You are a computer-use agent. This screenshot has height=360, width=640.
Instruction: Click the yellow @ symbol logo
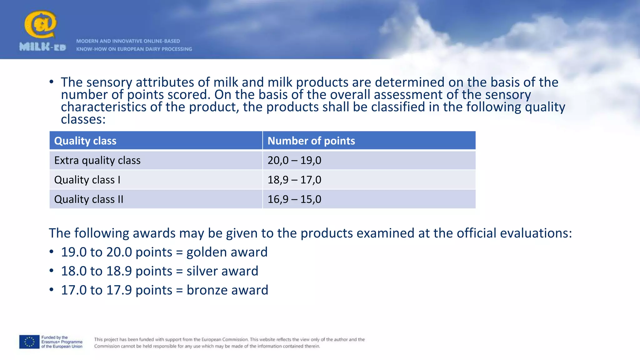click(x=41, y=24)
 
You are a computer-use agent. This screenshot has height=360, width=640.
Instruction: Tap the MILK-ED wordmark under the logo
click(x=43, y=47)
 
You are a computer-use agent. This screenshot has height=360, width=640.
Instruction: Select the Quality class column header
click(x=85, y=141)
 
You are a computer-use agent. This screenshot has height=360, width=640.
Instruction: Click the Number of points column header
click(x=311, y=141)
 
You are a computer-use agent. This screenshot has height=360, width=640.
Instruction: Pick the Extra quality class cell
click(x=97, y=160)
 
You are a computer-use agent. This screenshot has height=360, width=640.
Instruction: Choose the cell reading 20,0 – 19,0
click(x=294, y=160)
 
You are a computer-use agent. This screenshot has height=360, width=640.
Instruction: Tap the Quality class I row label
click(x=87, y=180)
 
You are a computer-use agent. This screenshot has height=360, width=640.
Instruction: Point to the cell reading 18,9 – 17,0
click(x=294, y=180)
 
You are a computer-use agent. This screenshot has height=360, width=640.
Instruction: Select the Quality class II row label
click(x=89, y=199)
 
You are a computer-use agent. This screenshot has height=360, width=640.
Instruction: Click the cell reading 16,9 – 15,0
click(x=294, y=199)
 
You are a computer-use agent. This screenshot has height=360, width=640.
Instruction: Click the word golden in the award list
click(x=206, y=252)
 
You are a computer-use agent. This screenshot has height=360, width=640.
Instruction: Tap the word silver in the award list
click(x=202, y=271)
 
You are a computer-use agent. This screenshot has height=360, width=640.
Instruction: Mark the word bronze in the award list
click(x=207, y=290)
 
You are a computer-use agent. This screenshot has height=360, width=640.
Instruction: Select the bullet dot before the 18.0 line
click(x=52, y=271)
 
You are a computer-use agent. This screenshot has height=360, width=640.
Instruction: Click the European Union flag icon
click(x=29, y=342)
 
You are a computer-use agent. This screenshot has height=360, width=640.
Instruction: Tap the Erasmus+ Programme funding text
click(x=62, y=342)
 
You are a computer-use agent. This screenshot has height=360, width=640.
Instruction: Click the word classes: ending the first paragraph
click(x=83, y=119)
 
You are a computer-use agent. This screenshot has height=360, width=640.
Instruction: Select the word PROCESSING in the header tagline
click(x=177, y=49)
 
